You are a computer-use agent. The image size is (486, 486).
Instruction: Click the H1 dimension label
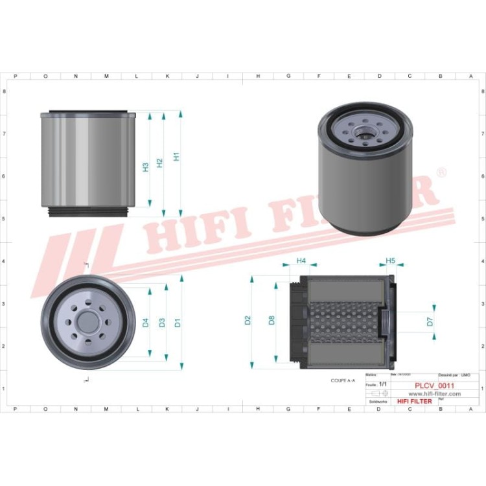pos(176,157)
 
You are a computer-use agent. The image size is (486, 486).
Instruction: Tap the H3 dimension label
pos(145,167)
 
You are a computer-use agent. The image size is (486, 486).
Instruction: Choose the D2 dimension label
pos(247,319)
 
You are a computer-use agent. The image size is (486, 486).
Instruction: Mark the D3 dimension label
pos(162,322)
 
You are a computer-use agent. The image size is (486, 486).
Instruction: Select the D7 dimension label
pos(430,321)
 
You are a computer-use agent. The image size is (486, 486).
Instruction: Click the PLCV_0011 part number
pos(434,386)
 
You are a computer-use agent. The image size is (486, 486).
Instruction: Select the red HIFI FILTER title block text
pos(409,402)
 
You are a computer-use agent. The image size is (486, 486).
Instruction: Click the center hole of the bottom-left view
pos(87,322)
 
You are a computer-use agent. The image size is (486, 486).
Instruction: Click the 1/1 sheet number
pos(382,385)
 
